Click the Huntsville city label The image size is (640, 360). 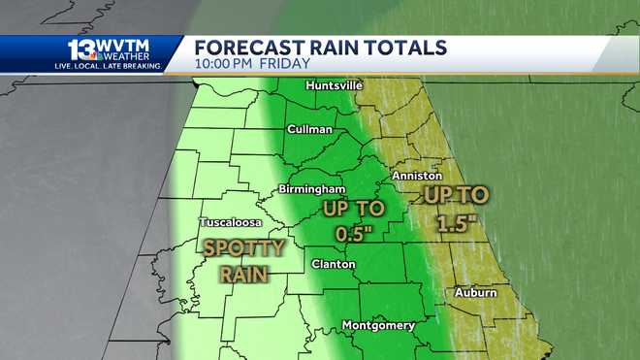[x=334, y=85]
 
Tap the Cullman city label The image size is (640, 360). [x=309, y=129]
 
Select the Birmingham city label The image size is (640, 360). [x=311, y=187]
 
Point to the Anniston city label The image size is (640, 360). [x=417, y=177]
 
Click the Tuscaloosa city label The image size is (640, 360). [x=230, y=222]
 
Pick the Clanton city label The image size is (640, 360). [x=333, y=264]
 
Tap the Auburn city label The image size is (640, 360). [x=475, y=292]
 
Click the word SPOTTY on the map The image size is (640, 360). [x=243, y=247]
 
